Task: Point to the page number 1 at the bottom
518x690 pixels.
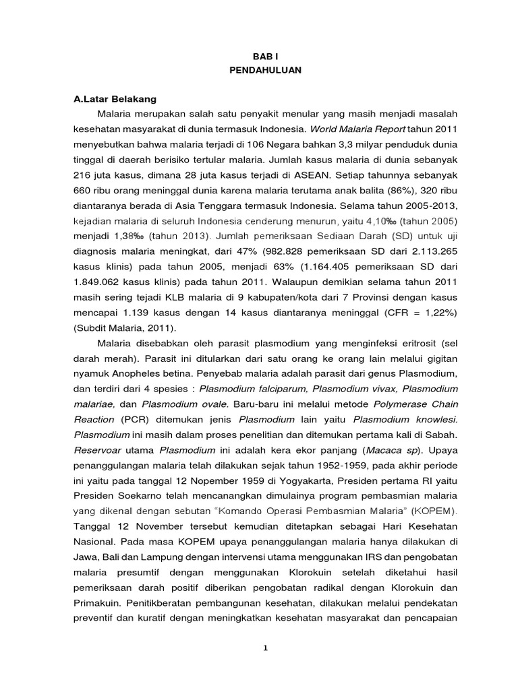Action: tap(266, 648)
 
